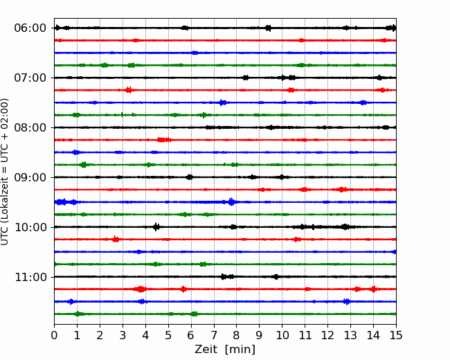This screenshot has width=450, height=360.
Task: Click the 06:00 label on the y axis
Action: [x=30, y=28]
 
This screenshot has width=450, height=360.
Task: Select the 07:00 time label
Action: [x=30, y=78]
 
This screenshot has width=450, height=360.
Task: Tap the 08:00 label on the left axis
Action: [x=30, y=128]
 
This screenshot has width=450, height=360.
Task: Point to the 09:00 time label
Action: [x=30, y=177]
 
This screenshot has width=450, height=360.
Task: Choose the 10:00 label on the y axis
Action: [x=30, y=227]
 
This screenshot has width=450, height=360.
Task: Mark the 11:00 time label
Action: [x=30, y=278]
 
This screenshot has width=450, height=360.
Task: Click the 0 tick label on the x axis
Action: [x=54, y=335]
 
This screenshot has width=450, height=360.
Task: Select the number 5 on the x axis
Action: [x=168, y=335]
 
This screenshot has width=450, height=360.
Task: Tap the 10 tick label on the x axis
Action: [x=282, y=335]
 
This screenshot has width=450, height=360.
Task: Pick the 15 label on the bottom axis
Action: [x=396, y=335]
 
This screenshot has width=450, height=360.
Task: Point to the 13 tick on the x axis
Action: [x=350, y=335]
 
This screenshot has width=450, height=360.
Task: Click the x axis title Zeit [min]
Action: [x=225, y=350]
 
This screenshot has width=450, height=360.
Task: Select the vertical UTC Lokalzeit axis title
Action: [x=5, y=172]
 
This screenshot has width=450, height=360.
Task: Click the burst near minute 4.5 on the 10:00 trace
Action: [x=156, y=227]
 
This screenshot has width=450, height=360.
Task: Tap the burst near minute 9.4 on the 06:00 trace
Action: [x=268, y=28]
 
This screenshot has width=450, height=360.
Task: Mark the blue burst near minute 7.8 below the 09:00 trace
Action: [x=231, y=202]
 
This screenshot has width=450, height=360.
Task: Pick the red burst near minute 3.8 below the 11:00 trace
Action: [x=141, y=289]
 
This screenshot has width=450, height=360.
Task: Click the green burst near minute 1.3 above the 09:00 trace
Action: [x=84, y=165]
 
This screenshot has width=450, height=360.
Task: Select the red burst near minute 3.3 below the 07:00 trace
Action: [x=129, y=90]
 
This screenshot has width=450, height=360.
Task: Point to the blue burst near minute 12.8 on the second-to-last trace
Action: [x=347, y=301]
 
